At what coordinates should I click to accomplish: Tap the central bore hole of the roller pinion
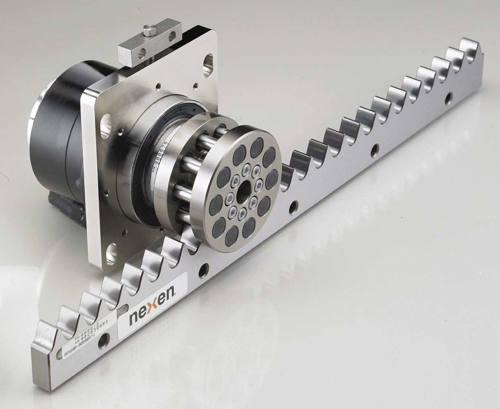pyautogui.click(x=243, y=192)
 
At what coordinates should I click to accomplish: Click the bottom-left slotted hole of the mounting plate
pyautogui.click(x=111, y=253)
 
